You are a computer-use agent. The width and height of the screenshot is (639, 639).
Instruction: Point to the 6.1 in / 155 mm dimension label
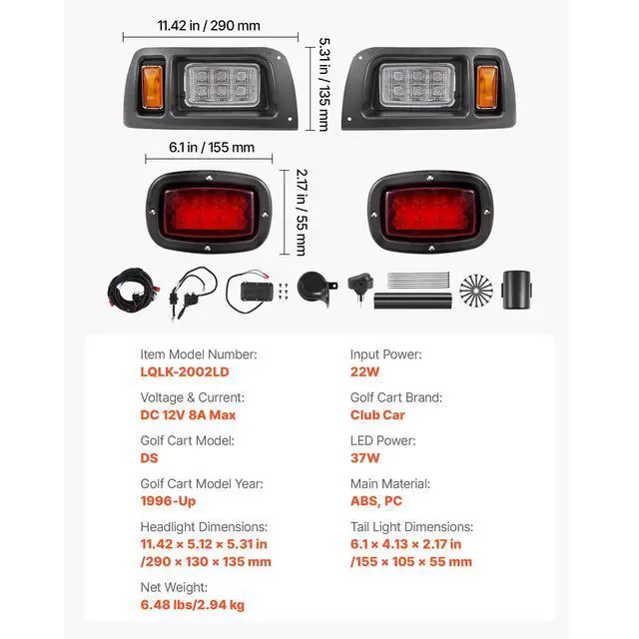pyautogui.click(x=212, y=147)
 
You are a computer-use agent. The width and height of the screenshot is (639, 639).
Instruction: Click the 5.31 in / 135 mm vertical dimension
pyautogui.click(x=324, y=85)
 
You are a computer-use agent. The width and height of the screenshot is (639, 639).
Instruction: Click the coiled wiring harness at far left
pyautogui.click(x=130, y=291)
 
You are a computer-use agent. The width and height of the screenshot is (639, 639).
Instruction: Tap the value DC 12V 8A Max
pyautogui.click(x=188, y=414)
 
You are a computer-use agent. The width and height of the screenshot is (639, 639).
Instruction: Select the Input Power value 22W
pyautogui.click(x=364, y=371)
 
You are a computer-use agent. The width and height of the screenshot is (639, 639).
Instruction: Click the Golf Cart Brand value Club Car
pyautogui.click(x=377, y=414)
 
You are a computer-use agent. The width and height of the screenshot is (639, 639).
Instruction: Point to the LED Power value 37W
pyautogui.click(x=364, y=458)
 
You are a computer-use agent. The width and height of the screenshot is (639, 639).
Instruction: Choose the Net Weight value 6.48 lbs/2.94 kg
pyautogui.click(x=192, y=605)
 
